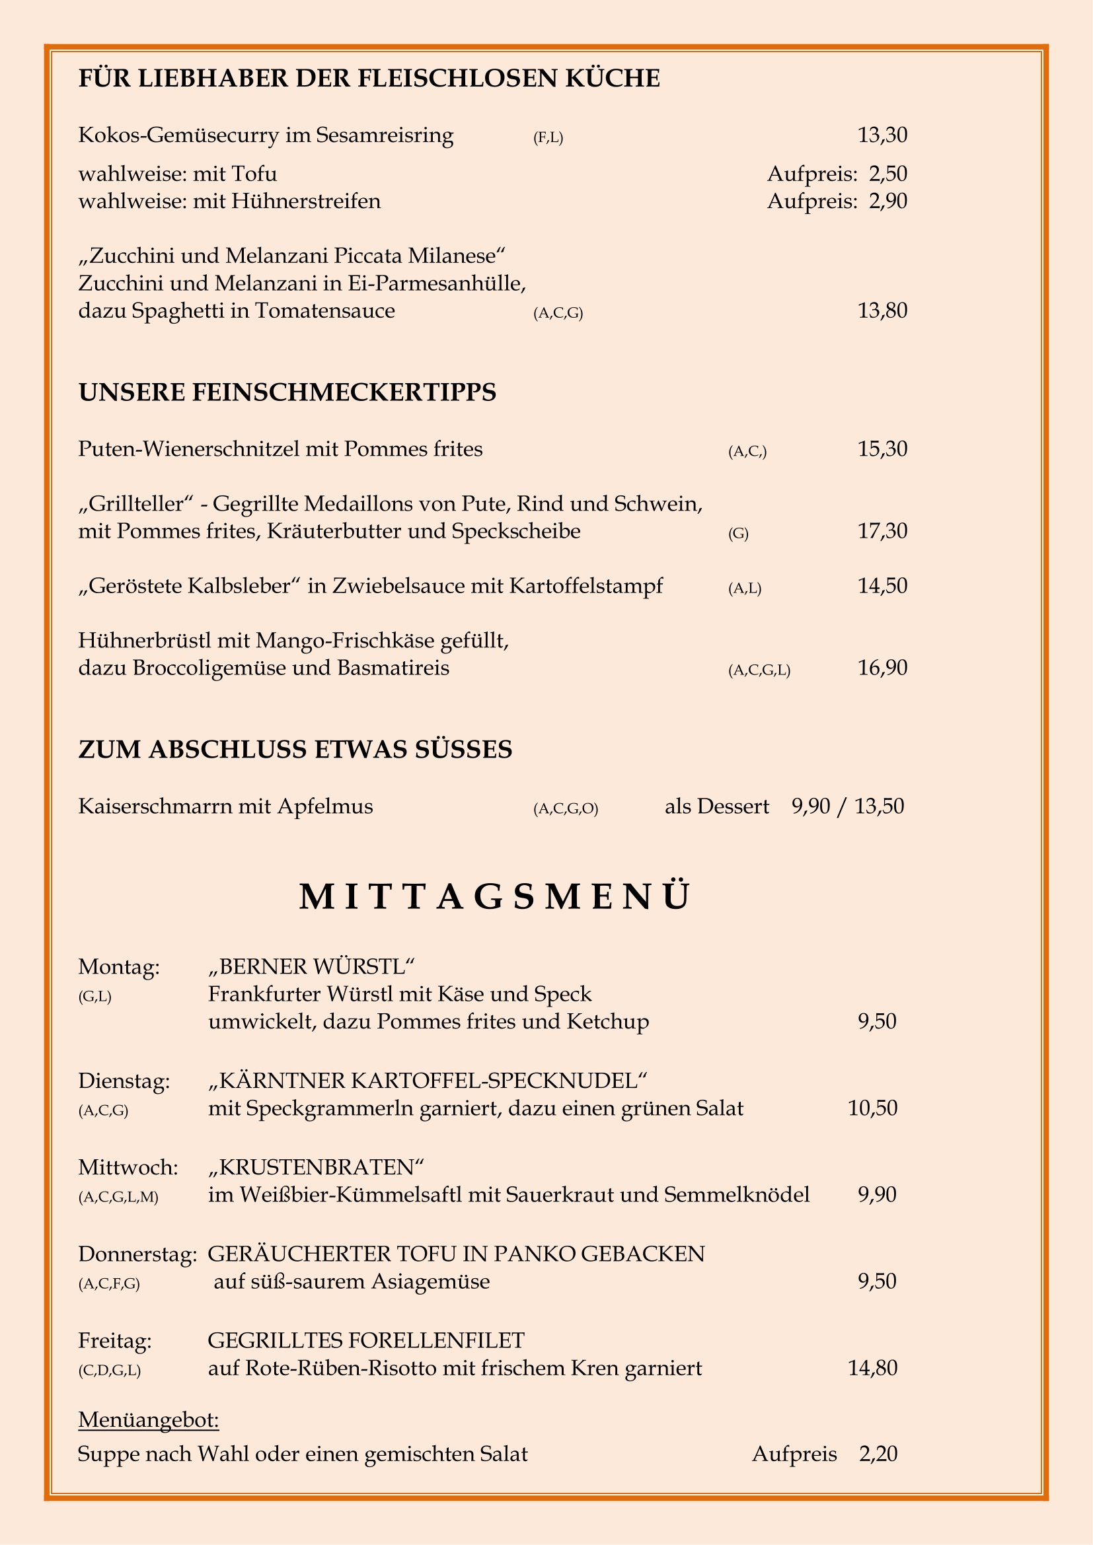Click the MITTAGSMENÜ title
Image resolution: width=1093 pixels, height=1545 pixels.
(x=495, y=898)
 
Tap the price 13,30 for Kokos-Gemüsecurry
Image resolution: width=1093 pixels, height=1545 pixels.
(x=882, y=135)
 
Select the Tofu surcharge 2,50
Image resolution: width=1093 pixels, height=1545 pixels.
(x=887, y=174)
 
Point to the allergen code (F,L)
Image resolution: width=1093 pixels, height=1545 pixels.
(x=548, y=138)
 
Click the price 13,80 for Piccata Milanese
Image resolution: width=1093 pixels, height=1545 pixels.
(x=882, y=311)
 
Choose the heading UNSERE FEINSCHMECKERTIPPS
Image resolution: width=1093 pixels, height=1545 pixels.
(x=287, y=392)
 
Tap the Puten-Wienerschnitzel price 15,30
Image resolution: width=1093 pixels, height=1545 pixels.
(x=882, y=449)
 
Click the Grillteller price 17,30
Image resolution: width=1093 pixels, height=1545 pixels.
(x=882, y=531)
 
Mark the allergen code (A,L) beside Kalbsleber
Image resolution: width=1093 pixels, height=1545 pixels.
(x=744, y=589)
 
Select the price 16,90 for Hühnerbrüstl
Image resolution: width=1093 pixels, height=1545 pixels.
(x=882, y=668)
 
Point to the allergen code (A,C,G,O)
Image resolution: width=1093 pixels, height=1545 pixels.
(x=566, y=809)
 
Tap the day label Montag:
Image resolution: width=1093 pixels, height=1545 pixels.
(x=119, y=967)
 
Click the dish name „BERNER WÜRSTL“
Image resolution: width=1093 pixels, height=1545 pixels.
(x=311, y=966)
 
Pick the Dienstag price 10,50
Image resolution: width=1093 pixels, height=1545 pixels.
(x=872, y=1108)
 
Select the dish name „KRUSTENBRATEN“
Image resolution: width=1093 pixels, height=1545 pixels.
(x=317, y=1166)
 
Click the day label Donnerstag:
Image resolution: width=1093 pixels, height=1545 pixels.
(x=137, y=1254)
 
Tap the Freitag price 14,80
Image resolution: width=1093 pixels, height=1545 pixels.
(x=872, y=1368)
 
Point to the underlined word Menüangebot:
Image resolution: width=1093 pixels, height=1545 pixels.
(x=149, y=1420)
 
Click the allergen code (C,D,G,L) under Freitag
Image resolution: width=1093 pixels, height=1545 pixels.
(x=110, y=1371)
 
